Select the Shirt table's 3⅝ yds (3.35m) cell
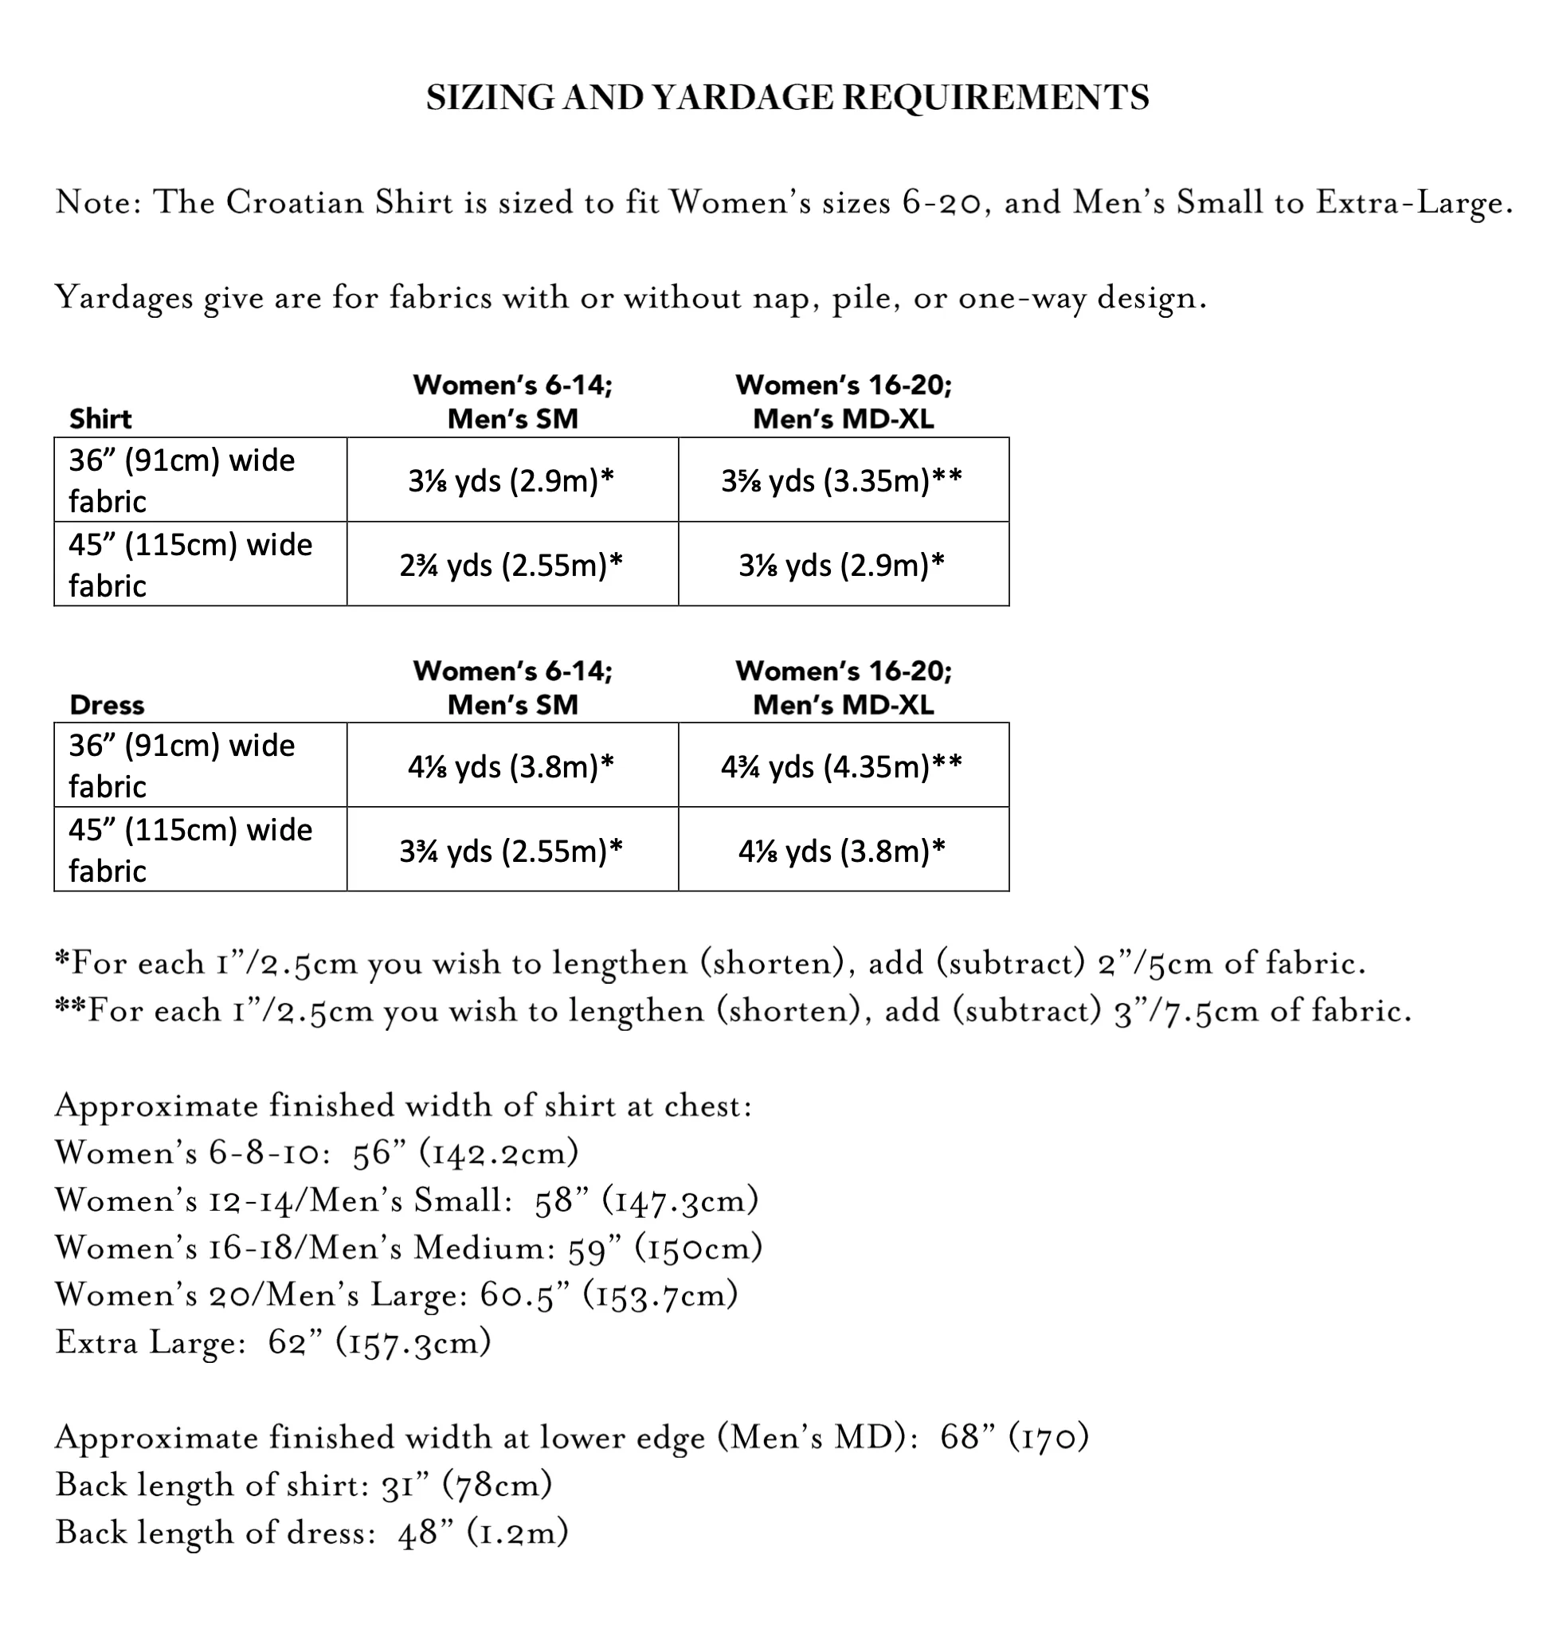tap(842, 480)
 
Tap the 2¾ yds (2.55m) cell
tap(511, 565)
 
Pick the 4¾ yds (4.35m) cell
tap(842, 766)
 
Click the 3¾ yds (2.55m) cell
tap(511, 851)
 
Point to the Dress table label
tap(107, 705)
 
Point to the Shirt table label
tap(100, 419)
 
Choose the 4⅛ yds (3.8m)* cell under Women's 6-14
tap(511, 766)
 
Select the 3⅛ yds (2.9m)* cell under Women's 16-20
tap(842, 565)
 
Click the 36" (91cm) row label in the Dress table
tap(182, 766)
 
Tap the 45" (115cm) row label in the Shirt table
tap(190, 564)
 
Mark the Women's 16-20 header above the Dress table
tap(844, 687)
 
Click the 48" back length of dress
tap(425, 1534)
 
